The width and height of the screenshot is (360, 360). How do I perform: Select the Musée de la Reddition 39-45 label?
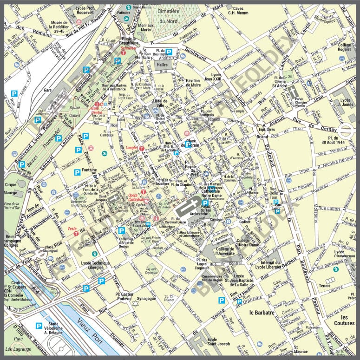[59, 27]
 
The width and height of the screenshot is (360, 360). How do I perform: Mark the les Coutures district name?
[344, 320]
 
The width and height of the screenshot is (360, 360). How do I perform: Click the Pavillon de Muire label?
[193, 83]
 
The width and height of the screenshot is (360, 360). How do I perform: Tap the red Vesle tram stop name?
[72, 229]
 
